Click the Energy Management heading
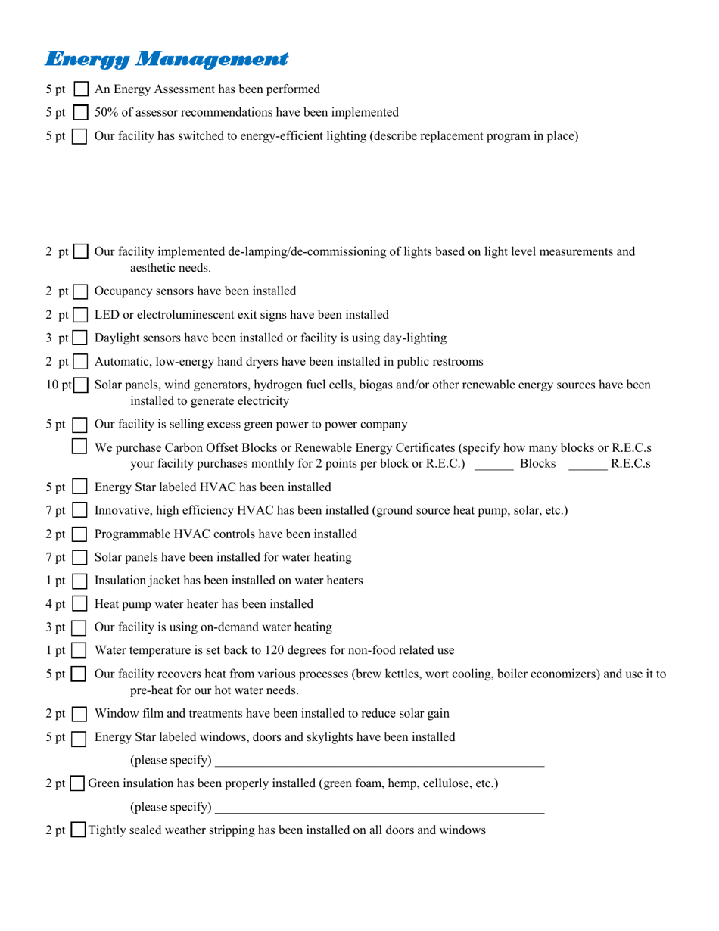tap(167, 58)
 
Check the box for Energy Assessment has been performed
tap(81, 89)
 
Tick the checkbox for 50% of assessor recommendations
tap(81, 113)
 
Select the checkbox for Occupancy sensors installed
tap(80, 291)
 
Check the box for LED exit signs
tap(80, 315)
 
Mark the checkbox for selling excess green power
tap(80, 425)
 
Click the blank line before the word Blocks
tap(493, 465)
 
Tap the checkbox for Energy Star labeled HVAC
tap(80, 487)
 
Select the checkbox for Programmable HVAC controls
tap(80, 534)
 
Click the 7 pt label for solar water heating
tap(55, 558)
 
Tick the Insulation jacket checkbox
tap(80, 581)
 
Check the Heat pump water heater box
tap(80, 605)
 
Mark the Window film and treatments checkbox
tap(80, 714)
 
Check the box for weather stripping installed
tap(78, 831)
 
